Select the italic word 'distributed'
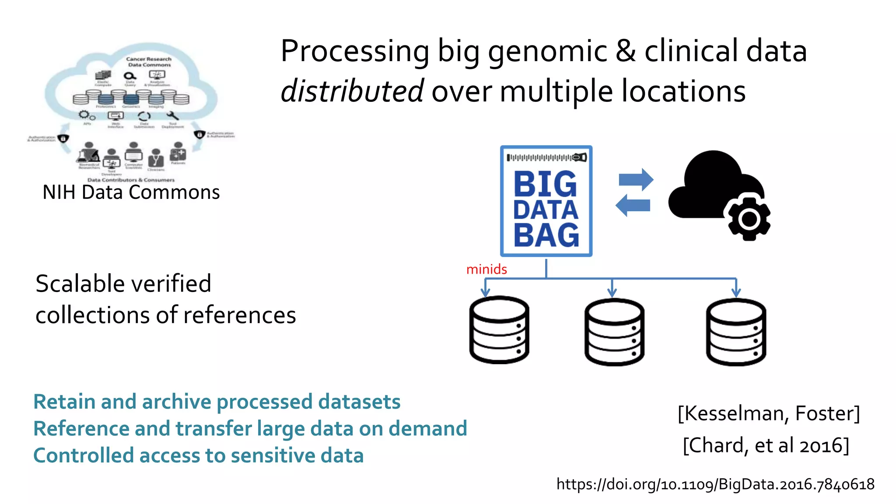352,91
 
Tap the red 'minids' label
486,269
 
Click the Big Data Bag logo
546,201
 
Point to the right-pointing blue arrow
636,179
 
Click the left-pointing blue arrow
633,205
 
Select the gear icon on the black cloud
749,219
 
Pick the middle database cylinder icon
614,332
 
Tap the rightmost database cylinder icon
736,332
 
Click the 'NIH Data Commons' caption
131,192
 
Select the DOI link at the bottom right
715,484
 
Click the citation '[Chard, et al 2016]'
766,445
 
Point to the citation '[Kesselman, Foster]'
768,413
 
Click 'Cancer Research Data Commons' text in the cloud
149,62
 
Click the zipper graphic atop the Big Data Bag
546,157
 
